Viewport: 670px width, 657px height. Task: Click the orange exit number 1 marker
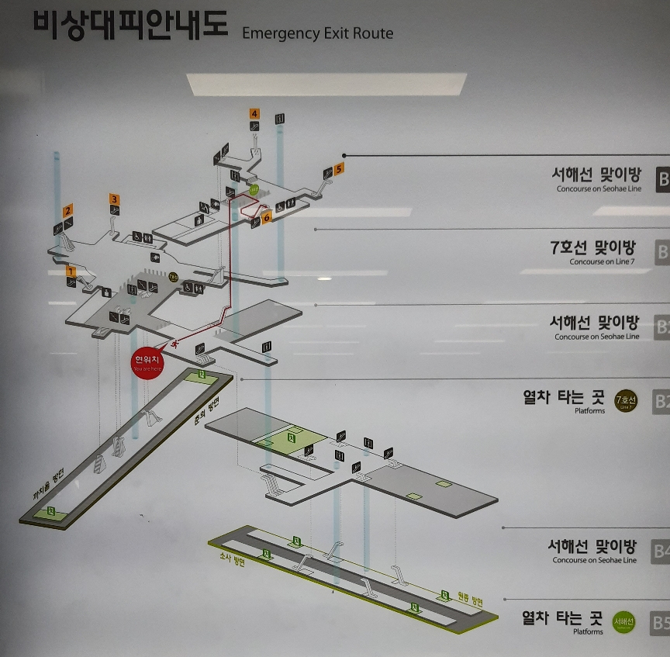point(71,271)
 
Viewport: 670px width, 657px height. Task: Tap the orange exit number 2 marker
point(68,210)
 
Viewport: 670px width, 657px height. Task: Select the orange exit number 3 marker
point(114,199)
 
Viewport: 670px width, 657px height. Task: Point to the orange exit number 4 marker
point(254,114)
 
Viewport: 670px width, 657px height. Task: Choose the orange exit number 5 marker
point(339,168)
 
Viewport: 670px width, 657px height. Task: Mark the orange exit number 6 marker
point(267,218)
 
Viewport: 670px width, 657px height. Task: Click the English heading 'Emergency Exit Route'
point(317,33)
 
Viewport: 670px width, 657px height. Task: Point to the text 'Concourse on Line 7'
point(603,262)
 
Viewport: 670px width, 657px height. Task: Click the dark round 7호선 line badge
point(625,401)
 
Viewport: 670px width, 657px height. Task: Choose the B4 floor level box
point(660,551)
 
